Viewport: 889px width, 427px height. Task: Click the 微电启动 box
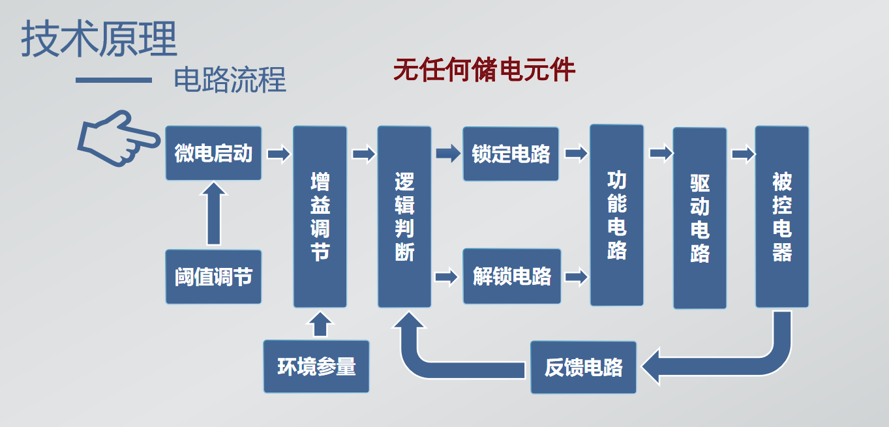[213, 153]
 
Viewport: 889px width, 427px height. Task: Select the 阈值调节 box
[213, 276]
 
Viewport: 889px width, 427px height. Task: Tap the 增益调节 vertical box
[320, 216]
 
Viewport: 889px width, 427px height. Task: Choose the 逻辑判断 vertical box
[404, 216]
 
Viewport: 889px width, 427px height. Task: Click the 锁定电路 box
[511, 154]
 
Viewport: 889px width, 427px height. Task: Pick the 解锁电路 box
[512, 276]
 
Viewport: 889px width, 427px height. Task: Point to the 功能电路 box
[617, 215]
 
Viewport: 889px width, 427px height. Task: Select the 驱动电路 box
[700, 218]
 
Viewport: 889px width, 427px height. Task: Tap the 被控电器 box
[782, 216]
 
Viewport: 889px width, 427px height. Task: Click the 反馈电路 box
[583, 368]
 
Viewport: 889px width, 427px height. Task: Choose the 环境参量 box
[316, 366]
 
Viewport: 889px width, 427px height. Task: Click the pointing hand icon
[118, 138]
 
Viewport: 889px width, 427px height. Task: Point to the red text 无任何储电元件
[484, 70]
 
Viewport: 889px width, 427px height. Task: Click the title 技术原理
[99, 38]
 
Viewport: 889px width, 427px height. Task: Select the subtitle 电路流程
[230, 80]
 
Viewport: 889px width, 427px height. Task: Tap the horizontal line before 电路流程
[113, 80]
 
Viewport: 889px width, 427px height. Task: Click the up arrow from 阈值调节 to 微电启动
[213, 214]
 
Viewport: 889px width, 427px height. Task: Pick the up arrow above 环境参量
[320, 324]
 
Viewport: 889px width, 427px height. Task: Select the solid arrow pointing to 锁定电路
[449, 153]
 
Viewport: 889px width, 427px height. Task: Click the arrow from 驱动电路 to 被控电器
[743, 154]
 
